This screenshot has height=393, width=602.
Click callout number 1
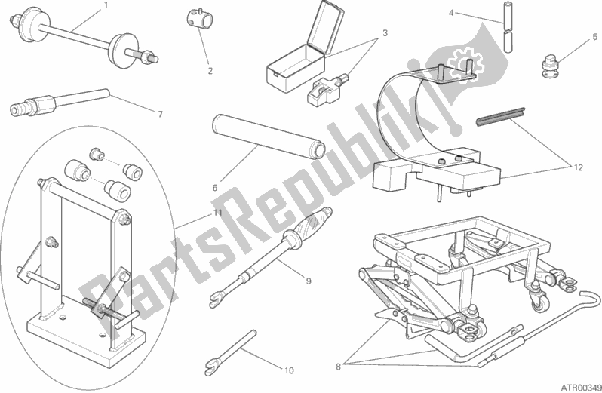click(x=106, y=5)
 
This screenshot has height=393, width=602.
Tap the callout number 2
click(x=210, y=71)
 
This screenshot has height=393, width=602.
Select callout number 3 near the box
click(x=385, y=33)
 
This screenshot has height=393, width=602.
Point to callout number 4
click(x=451, y=14)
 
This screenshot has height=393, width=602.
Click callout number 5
click(x=595, y=37)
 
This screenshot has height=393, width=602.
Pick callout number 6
click(x=215, y=188)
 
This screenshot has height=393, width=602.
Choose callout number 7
click(x=160, y=114)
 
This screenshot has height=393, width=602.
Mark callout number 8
click(x=338, y=367)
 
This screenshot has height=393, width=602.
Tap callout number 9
click(x=309, y=281)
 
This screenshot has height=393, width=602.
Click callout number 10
click(x=289, y=370)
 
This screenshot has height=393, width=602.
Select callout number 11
click(x=218, y=213)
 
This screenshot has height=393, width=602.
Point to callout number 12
click(x=578, y=167)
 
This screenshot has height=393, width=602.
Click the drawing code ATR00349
click(x=579, y=387)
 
